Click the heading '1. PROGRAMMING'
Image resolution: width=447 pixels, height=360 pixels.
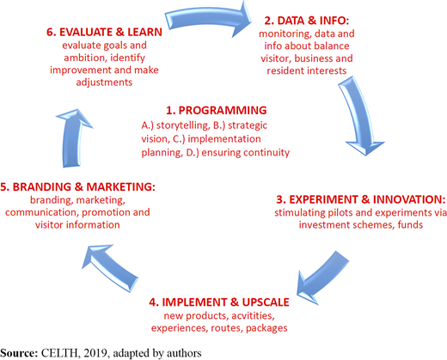(217, 111)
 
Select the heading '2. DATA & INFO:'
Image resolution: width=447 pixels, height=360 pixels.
(307, 21)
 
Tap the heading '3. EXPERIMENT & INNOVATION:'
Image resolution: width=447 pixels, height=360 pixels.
(361, 199)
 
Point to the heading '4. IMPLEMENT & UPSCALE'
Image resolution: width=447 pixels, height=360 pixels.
(219, 302)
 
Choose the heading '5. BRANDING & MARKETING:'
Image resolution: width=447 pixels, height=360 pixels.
(77, 186)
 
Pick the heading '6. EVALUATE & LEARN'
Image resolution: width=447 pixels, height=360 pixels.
(104, 32)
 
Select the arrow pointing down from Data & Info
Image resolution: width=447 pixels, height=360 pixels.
(359, 114)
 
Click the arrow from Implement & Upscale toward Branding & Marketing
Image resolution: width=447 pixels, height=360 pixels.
(110, 268)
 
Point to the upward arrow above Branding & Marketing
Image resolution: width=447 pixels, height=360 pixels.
(72, 137)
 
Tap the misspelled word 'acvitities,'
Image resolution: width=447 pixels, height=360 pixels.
(253, 315)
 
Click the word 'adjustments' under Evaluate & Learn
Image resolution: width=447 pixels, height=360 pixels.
(104, 82)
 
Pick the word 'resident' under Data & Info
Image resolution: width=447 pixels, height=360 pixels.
(285, 70)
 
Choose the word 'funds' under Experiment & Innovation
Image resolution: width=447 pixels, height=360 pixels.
(410, 225)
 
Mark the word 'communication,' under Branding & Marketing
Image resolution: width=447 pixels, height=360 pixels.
(42, 212)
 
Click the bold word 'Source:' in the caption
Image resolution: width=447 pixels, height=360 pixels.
(19, 353)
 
